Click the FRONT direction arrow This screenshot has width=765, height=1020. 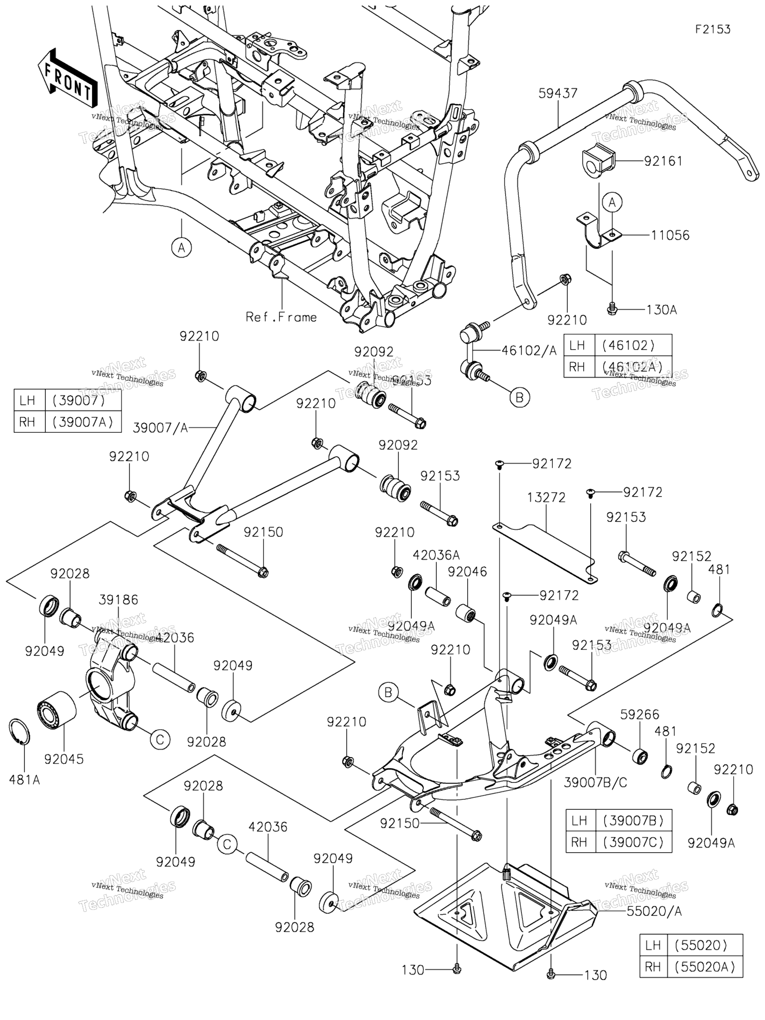point(67,78)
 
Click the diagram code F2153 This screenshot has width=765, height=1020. point(713,29)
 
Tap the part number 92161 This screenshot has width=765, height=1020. point(663,161)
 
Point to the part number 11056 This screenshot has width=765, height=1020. point(670,235)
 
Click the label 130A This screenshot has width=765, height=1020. point(661,310)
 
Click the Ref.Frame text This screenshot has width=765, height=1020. point(281,317)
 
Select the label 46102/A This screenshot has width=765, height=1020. point(528,351)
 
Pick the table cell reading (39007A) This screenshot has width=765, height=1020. point(83,422)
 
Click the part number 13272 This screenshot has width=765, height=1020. point(546,498)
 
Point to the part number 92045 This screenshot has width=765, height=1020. point(64,759)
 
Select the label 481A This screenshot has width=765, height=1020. point(24,780)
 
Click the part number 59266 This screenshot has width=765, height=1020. point(639,715)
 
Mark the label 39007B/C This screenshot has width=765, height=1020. point(595,782)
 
